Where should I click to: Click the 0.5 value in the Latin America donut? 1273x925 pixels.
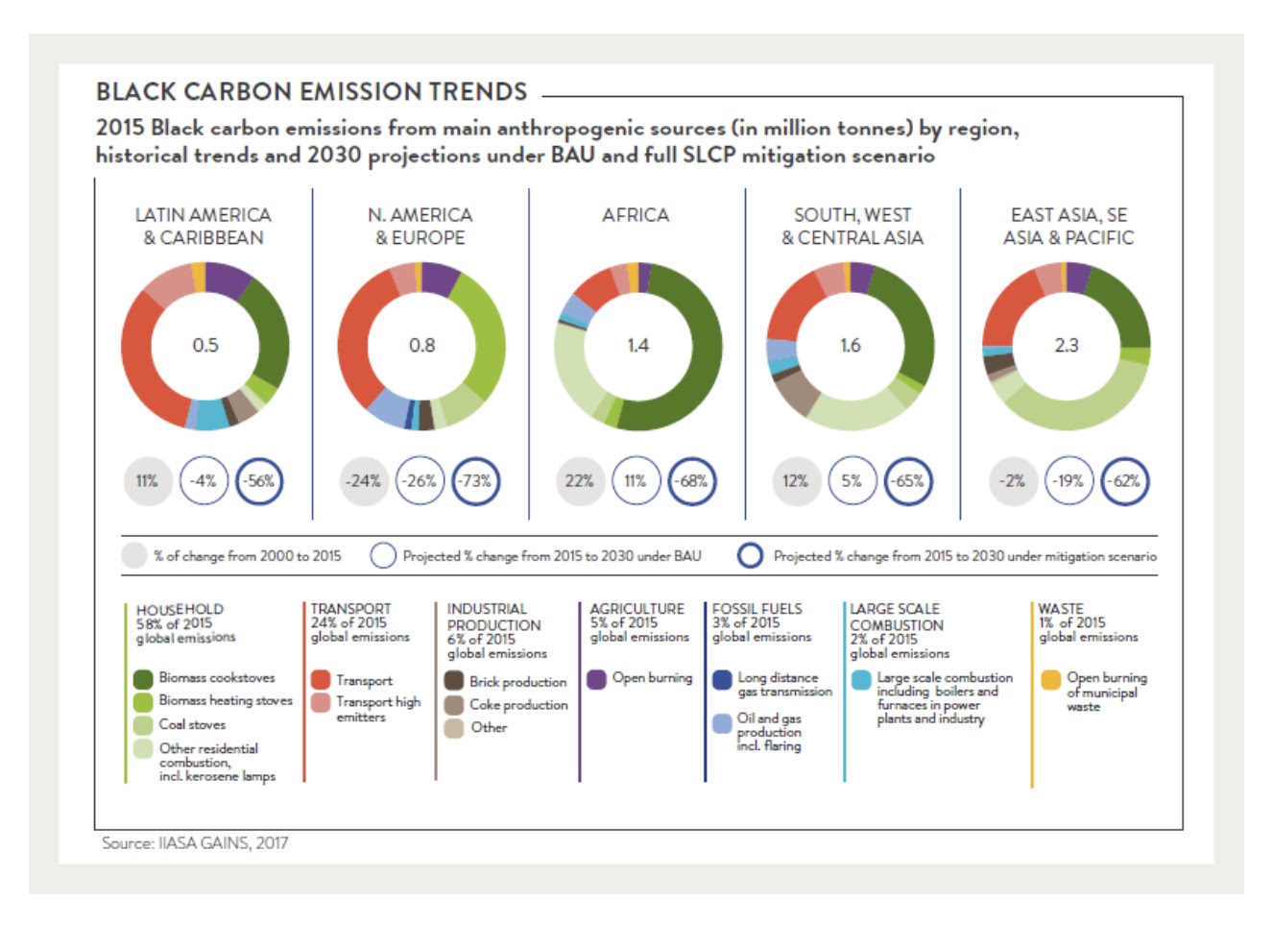tap(205, 345)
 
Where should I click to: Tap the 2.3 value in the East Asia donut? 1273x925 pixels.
tap(1067, 345)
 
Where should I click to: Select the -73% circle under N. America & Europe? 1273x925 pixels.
tap(476, 480)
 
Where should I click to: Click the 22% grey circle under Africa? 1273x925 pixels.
tap(579, 480)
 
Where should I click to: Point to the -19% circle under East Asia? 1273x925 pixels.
tap(1068, 480)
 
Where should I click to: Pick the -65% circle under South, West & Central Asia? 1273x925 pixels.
tap(908, 480)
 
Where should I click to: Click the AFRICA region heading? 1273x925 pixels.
tap(636, 215)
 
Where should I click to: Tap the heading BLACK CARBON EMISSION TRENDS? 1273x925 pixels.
tap(312, 92)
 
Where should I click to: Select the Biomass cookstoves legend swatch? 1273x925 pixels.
tap(144, 679)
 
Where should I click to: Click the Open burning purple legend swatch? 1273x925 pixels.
tap(596, 679)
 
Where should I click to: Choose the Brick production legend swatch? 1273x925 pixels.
tap(454, 681)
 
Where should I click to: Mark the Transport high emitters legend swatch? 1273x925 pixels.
tap(321, 703)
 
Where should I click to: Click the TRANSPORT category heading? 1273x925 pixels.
tap(350, 608)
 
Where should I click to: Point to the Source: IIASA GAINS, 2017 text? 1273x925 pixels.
tap(195, 843)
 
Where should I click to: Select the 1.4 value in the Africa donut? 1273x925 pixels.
tap(637, 345)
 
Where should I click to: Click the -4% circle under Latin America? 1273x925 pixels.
tap(203, 480)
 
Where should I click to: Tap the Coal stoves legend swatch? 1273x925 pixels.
tap(144, 725)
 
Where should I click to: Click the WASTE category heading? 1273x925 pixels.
tap(1060, 608)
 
